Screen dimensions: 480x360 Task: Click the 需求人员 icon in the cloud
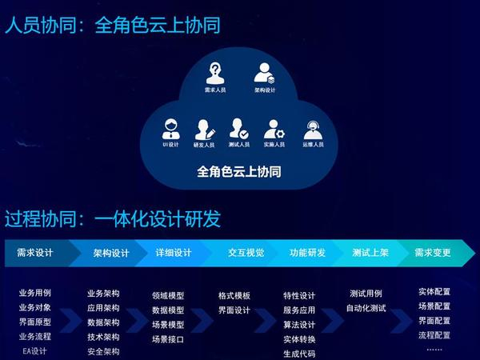coord(214,74)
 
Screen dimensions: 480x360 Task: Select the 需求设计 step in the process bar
coord(35,253)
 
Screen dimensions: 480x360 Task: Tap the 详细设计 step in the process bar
coord(173,253)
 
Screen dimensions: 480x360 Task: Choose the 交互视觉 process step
coord(246,253)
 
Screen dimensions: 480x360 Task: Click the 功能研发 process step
coord(307,253)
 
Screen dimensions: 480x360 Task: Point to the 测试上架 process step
coord(370,253)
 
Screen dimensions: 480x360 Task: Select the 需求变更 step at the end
coord(433,253)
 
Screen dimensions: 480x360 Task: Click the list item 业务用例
coord(35,293)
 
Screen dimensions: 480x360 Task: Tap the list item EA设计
coord(35,350)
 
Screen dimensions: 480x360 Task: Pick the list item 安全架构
coord(103,350)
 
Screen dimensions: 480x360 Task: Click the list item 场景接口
coord(168,339)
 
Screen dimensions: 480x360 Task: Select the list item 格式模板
coord(234,295)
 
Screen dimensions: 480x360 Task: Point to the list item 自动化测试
coord(366,308)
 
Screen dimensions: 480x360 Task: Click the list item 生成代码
coord(299,354)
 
